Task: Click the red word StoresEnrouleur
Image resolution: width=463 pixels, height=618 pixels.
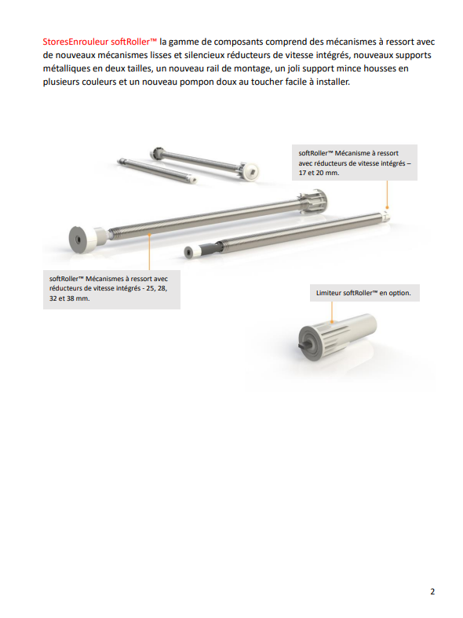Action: pyautogui.click(x=75, y=42)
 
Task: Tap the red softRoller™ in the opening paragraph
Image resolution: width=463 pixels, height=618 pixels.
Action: pyautogui.click(x=134, y=42)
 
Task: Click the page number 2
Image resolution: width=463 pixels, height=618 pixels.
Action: pyautogui.click(x=432, y=591)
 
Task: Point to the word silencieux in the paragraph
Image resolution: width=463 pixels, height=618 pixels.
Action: pyautogui.click(x=204, y=55)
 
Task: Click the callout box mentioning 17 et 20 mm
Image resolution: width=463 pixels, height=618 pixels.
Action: pyautogui.click(x=355, y=163)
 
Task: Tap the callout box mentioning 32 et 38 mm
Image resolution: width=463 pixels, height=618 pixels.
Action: pyautogui.click(x=111, y=289)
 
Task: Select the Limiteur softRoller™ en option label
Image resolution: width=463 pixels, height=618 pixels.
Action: pyautogui.click(x=365, y=293)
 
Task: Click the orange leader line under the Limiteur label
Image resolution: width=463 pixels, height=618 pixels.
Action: pyautogui.click(x=332, y=313)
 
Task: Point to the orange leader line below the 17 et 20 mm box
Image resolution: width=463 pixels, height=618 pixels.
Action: pyautogui.click(x=387, y=194)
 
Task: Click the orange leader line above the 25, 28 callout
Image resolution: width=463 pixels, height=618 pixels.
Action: pyautogui.click(x=149, y=252)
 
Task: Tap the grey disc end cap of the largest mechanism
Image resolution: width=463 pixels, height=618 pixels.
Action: pyautogui.click(x=78, y=240)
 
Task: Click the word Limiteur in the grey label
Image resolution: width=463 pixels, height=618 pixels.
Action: pyautogui.click(x=328, y=293)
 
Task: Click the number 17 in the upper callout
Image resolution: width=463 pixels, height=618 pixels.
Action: pyautogui.click(x=302, y=173)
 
